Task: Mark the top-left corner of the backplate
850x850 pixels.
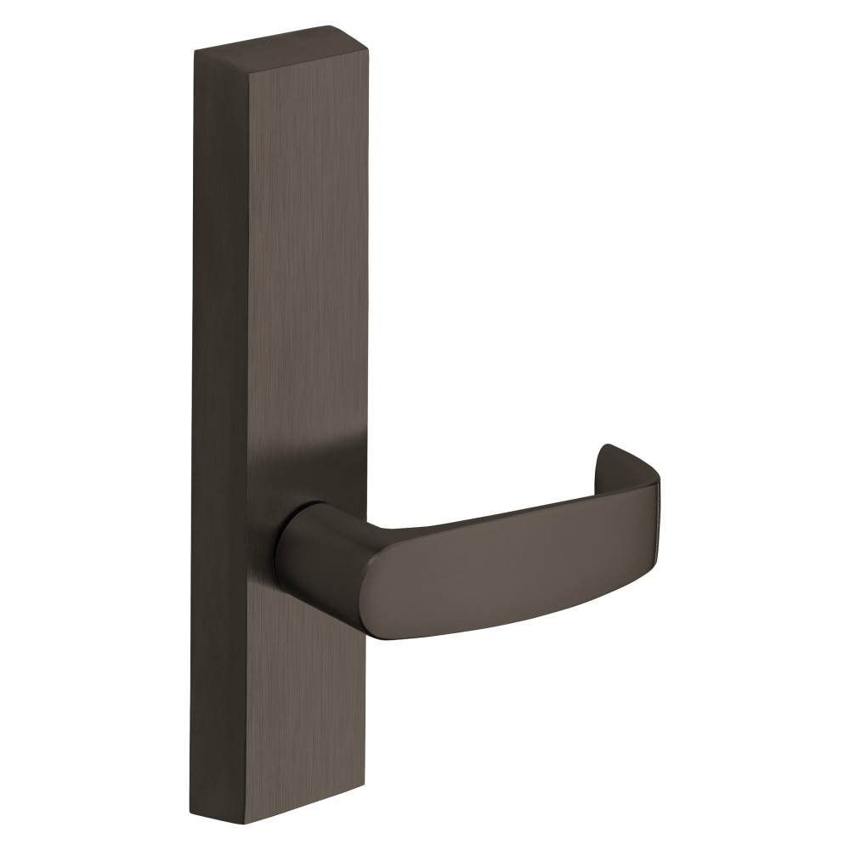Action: [195, 53]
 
